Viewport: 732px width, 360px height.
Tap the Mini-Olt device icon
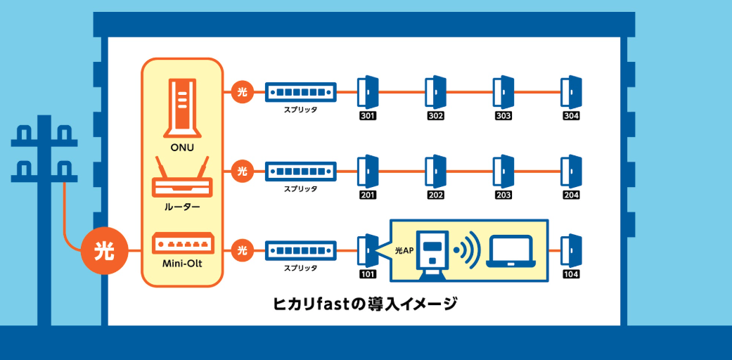[x=182, y=243]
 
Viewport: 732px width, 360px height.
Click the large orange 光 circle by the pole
[x=104, y=250]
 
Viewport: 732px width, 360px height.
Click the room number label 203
[x=503, y=195]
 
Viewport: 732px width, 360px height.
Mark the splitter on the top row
[x=300, y=92]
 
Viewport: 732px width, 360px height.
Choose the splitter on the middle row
[x=300, y=171]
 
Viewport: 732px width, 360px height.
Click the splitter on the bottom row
[x=300, y=250]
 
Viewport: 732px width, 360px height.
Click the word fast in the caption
[x=333, y=304]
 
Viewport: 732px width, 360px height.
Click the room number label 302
[x=435, y=116]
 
